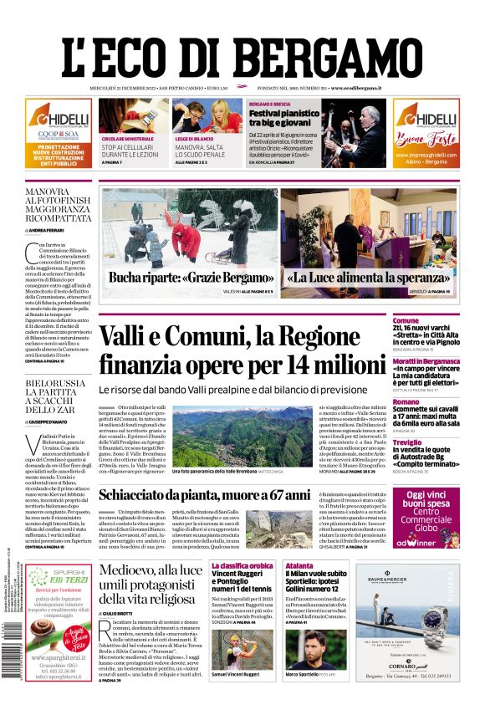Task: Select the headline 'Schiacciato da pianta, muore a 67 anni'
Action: (x=204, y=495)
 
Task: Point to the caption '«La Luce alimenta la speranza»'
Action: (x=372, y=278)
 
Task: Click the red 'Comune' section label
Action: (x=430, y=320)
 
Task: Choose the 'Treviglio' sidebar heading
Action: (x=431, y=442)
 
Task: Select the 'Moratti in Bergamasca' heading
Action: (x=448, y=361)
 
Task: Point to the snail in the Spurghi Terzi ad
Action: (x=41, y=630)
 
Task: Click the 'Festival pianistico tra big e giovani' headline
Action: (x=284, y=118)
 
